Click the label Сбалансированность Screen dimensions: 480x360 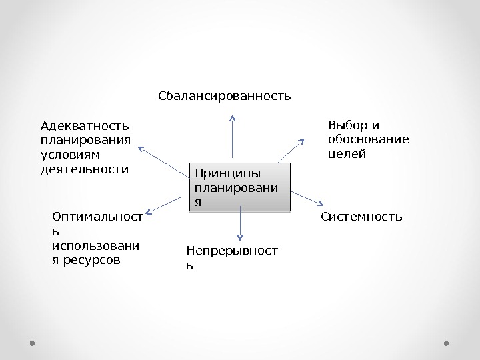[225, 96]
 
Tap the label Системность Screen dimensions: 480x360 [361, 217]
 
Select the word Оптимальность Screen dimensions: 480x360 [97, 217]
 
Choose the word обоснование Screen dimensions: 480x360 [369, 139]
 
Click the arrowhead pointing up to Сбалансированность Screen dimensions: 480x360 [233, 119]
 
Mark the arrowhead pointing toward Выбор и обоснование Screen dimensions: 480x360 [301, 141]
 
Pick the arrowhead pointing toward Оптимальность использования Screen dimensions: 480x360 [149, 214]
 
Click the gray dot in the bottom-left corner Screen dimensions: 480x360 [33, 343]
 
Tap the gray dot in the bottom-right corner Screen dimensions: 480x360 [447, 343]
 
